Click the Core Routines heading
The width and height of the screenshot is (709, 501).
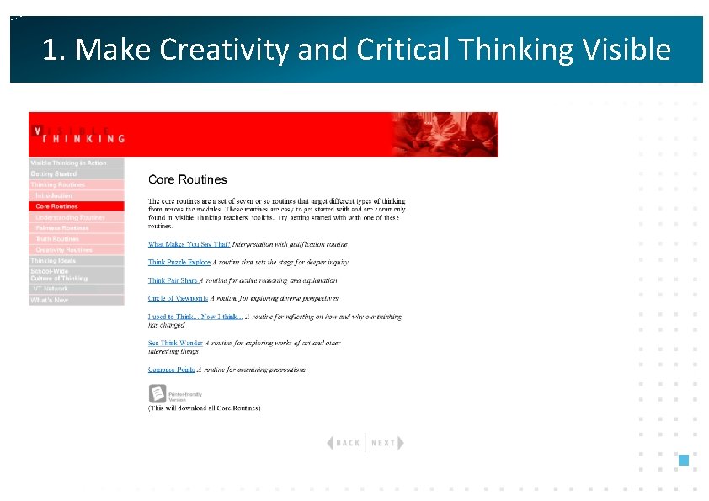[x=187, y=179]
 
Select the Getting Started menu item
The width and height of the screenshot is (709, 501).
[x=54, y=173]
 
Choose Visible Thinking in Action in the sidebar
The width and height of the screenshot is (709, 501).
[x=68, y=163]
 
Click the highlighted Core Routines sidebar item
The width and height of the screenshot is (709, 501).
[x=56, y=206]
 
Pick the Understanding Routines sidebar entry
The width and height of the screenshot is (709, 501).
[x=70, y=217]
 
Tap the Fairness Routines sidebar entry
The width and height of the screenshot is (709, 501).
[x=61, y=228]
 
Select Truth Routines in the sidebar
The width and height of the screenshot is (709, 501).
[x=56, y=239]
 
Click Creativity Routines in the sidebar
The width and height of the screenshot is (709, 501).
[x=64, y=250]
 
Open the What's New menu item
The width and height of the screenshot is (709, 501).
[x=49, y=301]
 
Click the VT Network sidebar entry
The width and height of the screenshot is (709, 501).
[x=51, y=289]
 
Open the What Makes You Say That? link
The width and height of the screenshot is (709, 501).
[x=189, y=244]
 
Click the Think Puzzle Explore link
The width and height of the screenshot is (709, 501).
[x=179, y=263]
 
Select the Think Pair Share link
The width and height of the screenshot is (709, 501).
[x=173, y=280]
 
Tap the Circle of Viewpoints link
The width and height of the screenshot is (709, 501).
[x=178, y=298]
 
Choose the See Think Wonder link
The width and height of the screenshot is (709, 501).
[x=176, y=344]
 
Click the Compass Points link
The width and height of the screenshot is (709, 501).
[x=171, y=370]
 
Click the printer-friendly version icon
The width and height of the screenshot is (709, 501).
[x=157, y=393]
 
